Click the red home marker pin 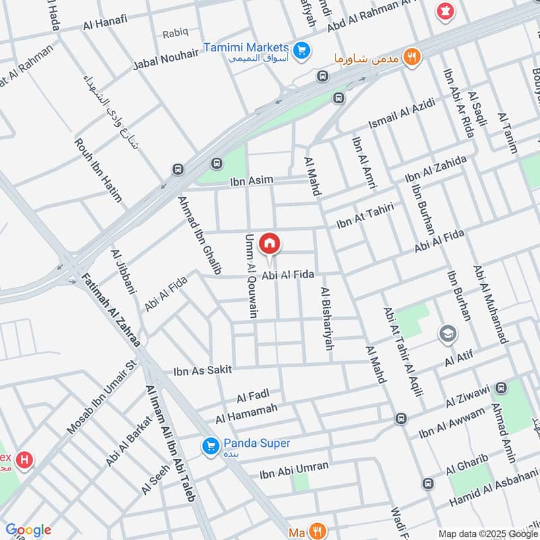[269, 242]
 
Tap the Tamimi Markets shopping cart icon [301, 49]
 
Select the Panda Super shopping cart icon [210, 446]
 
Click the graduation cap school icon [447, 333]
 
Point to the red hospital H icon [25, 460]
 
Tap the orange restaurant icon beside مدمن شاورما [411, 57]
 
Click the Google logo [28, 530]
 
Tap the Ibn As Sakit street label [202, 370]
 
